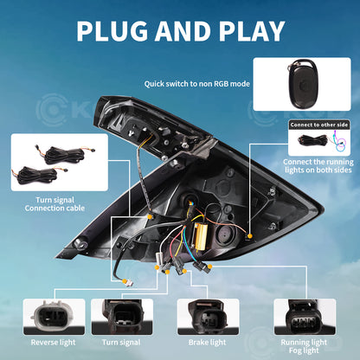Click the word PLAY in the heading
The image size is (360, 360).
click(x=252, y=31)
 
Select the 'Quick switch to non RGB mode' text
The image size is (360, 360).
click(x=196, y=84)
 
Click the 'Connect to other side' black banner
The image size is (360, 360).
click(x=319, y=125)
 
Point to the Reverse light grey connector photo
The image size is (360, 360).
click(x=54, y=317)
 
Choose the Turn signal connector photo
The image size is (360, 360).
click(x=122, y=317)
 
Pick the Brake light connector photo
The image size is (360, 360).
click(x=208, y=317)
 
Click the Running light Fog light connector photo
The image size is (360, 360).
click(x=305, y=317)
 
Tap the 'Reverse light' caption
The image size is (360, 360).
click(x=53, y=343)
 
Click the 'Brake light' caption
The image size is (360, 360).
click(x=207, y=343)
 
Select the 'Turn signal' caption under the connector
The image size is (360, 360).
click(x=121, y=343)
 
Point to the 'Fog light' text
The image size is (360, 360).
click(x=304, y=350)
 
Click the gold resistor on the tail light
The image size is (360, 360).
click(x=201, y=235)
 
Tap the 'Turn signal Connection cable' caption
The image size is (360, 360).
click(x=55, y=204)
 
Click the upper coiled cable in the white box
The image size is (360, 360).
click(x=65, y=155)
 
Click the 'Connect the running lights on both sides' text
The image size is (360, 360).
click(x=318, y=166)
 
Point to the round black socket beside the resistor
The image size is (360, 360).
click(x=226, y=235)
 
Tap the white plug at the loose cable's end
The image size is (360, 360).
click(x=129, y=283)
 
